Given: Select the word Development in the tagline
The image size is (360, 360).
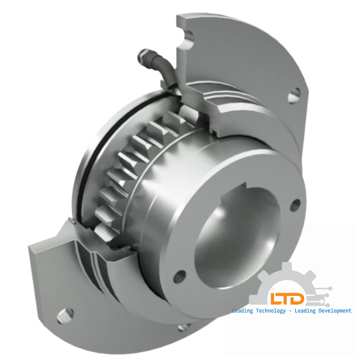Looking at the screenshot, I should tap(329, 311).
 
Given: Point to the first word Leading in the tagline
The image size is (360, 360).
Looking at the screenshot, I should tap(243, 311).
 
